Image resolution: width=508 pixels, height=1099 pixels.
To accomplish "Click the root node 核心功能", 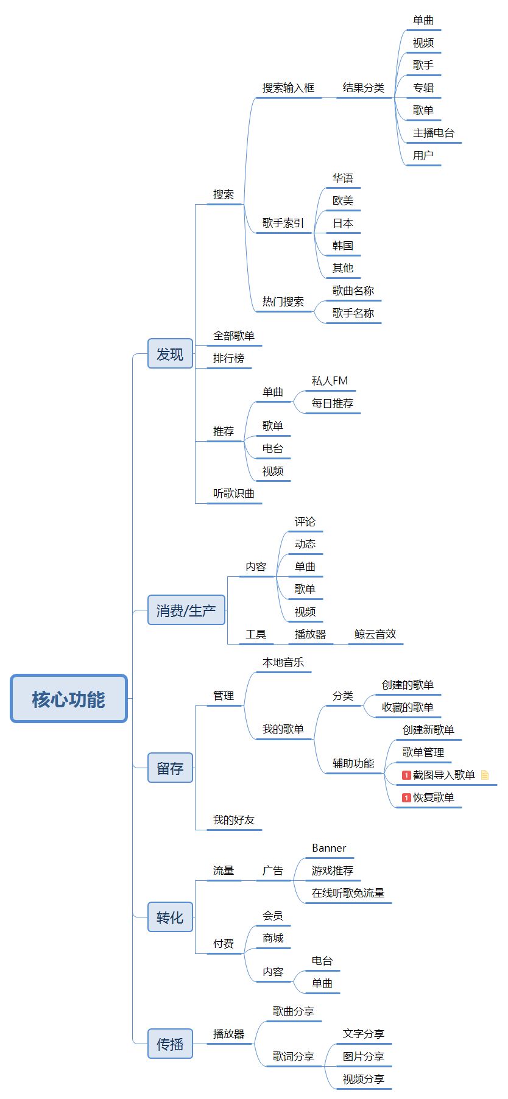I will [x=69, y=699].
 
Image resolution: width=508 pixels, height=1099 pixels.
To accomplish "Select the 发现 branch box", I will [x=170, y=354].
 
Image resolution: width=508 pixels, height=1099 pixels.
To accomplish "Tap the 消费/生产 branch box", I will [x=186, y=610].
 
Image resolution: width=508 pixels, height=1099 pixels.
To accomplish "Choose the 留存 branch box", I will [x=170, y=768].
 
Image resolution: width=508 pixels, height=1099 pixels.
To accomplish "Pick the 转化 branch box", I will [x=170, y=917].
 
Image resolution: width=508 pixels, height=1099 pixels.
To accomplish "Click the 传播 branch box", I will [x=170, y=1044].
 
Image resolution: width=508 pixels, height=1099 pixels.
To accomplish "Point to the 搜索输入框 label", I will [x=288, y=88].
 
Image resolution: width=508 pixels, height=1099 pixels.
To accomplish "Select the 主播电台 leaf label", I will [x=434, y=133].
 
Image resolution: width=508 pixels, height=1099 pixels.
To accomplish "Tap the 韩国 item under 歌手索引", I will [x=343, y=246].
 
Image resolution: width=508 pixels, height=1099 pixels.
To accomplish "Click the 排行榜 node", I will [x=228, y=358].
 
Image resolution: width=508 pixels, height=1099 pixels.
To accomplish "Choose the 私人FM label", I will [x=330, y=381].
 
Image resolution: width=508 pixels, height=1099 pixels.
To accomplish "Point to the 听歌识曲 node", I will [x=234, y=493].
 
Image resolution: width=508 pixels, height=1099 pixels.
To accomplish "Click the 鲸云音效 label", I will [x=375, y=634].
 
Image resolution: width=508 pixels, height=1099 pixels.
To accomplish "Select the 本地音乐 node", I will [x=283, y=662].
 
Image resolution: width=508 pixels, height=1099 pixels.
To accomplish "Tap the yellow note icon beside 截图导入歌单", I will [x=485, y=775].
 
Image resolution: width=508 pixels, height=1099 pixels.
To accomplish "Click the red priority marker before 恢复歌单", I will [x=406, y=797].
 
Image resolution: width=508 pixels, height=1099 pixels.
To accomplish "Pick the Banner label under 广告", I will [x=329, y=848].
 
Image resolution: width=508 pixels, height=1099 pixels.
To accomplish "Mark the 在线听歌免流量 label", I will [x=348, y=893].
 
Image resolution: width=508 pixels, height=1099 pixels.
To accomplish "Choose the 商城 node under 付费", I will [x=273, y=938].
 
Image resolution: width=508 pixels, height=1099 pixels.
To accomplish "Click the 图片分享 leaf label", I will [x=364, y=1056].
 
